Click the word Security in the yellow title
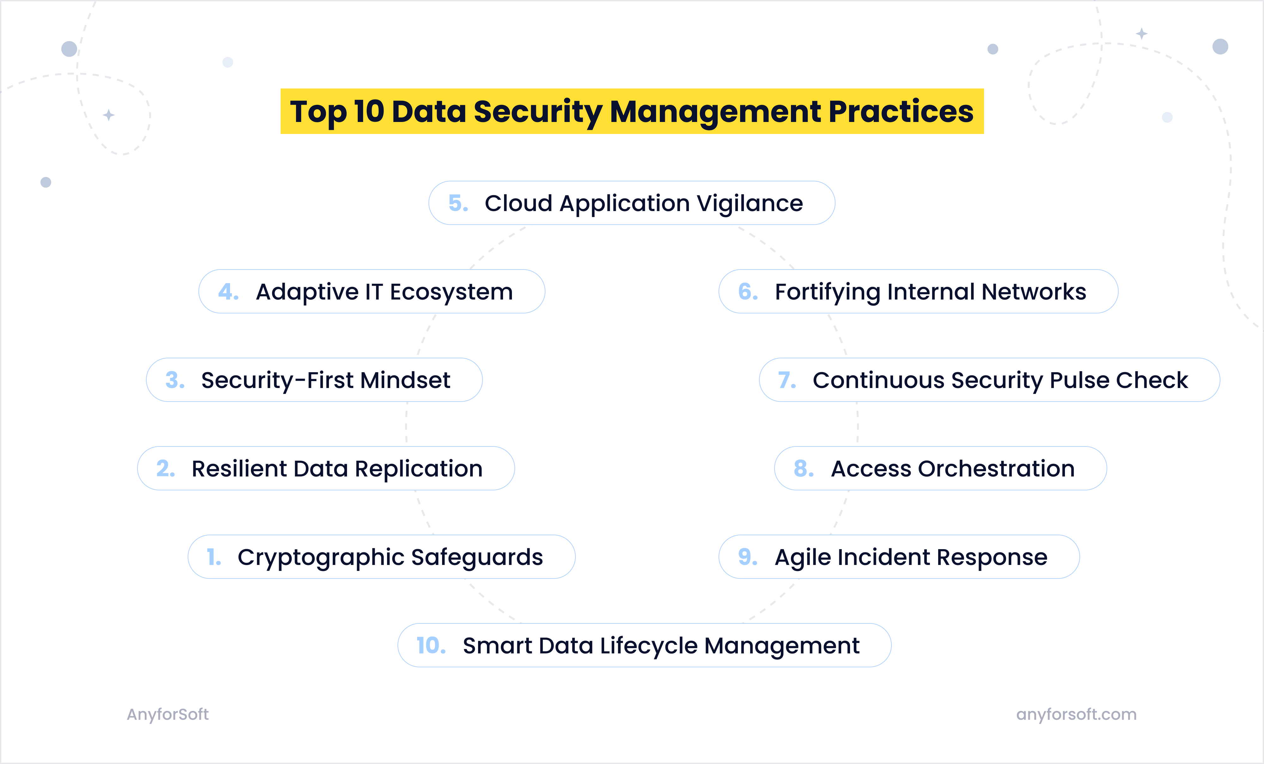[537, 112]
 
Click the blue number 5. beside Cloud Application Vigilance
[458, 203]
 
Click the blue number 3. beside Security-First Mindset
[174, 380]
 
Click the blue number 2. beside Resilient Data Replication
[165, 469]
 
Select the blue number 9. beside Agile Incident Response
[747, 557]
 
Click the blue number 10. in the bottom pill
[430, 646]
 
